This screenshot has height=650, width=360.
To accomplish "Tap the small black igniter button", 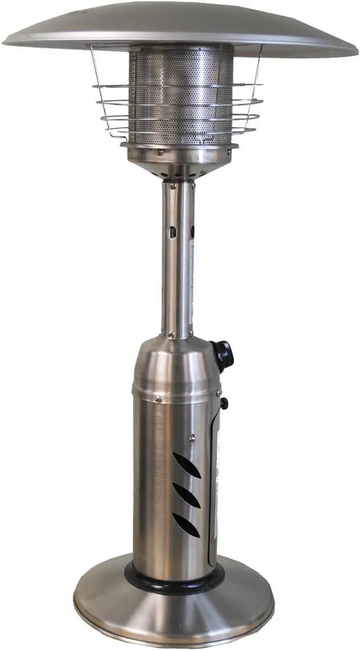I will click(224, 403).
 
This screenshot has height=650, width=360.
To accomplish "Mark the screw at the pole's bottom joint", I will click(172, 335).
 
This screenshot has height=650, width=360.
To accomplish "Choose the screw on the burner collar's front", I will click(160, 151).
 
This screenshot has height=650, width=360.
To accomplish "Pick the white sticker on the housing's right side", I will click(215, 484).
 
